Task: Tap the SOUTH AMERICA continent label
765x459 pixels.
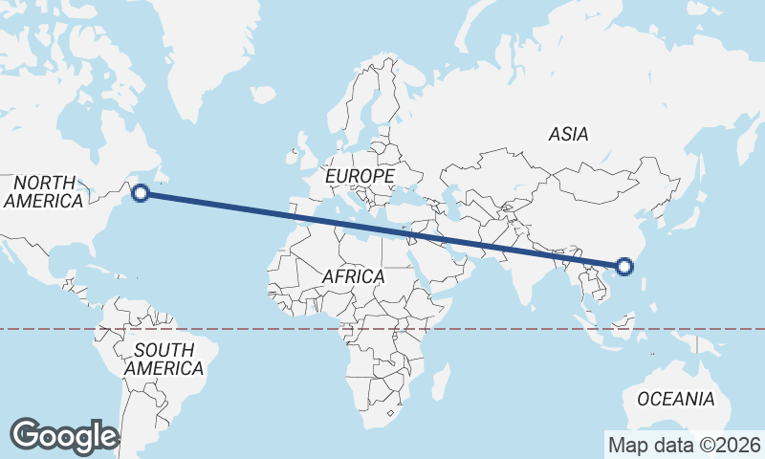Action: click(164, 359)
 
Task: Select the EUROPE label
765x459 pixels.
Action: click(360, 177)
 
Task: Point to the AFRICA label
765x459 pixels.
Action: click(353, 276)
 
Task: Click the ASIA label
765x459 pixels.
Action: click(568, 135)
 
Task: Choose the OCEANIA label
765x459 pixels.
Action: click(675, 399)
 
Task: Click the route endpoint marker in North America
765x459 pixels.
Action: click(141, 193)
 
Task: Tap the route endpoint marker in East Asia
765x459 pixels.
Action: click(623, 267)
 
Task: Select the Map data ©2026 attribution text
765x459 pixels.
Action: click(684, 445)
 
